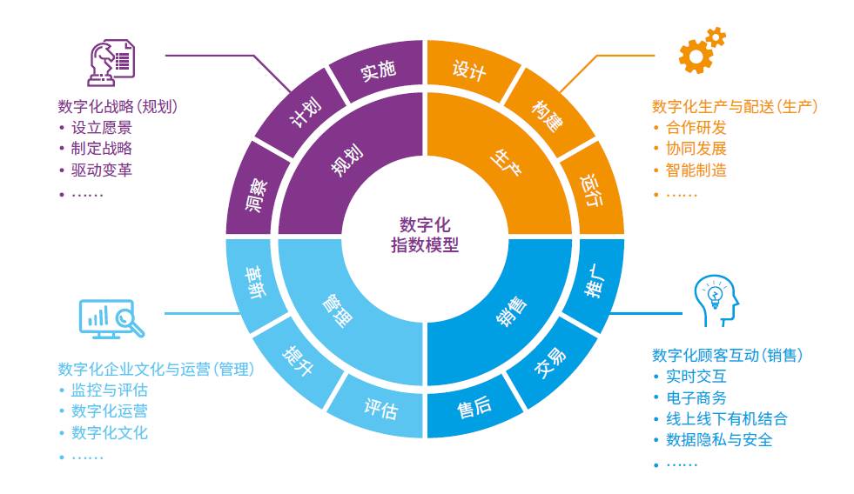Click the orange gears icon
pyautogui.click(x=701, y=50)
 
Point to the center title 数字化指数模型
pyautogui.click(x=425, y=235)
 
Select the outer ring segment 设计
pyautogui.click(x=470, y=70)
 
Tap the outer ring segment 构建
pyautogui.click(x=547, y=115)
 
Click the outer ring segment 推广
pyautogui.click(x=592, y=281)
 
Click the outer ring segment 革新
pyautogui.click(x=259, y=281)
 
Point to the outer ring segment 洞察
pyautogui.click(x=259, y=193)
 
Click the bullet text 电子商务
pyautogui.click(x=696, y=398)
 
